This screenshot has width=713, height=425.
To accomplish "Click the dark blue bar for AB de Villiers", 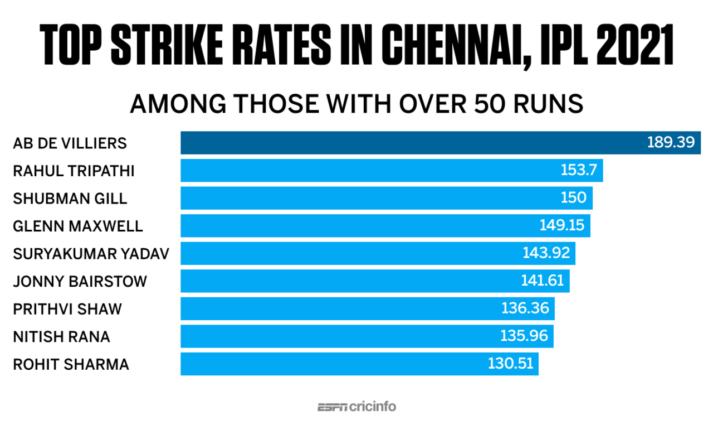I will coord(412,143).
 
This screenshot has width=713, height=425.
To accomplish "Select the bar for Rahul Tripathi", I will coord(368,170).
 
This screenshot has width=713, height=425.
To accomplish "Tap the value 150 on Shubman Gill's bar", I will coord(573,197).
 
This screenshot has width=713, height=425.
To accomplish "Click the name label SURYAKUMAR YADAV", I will coord(91,253).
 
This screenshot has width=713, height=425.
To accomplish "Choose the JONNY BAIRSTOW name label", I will coord(80,281).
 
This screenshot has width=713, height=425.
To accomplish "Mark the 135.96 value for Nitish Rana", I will coord(525,336).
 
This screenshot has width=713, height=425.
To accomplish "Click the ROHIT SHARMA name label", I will coord(71,364).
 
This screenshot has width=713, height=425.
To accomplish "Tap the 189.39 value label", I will coord(671,143).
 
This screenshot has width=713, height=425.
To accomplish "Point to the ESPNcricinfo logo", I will coord(356,407).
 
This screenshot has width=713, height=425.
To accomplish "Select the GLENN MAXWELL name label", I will coord(78,225).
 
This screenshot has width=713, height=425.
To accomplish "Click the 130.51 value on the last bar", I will coord(510,364).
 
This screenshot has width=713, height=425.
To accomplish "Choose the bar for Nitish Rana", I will coord(334,336).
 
